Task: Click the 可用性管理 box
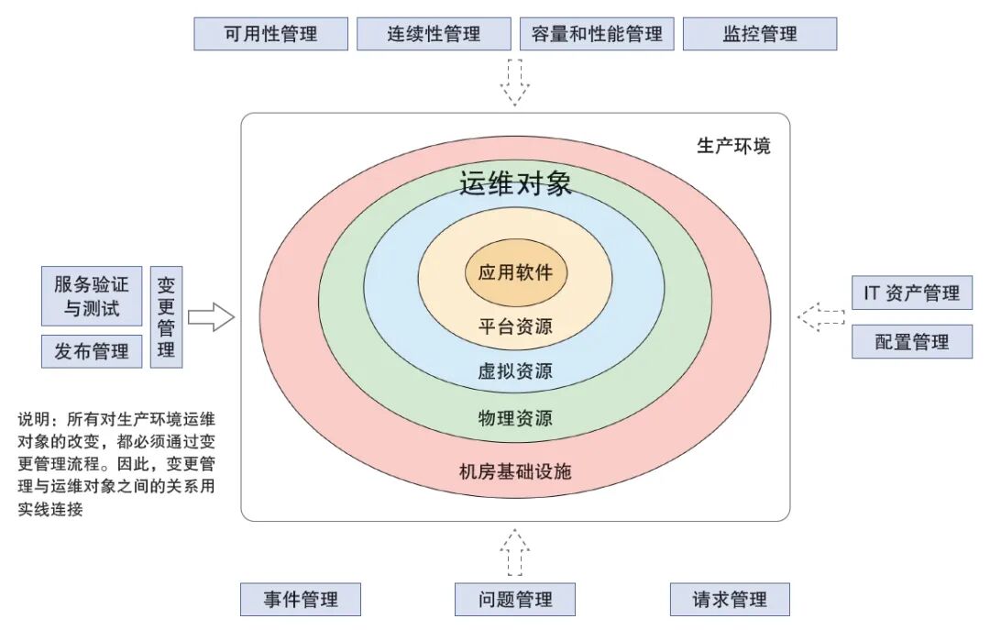tap(270, 34)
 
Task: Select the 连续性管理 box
tap(434, 34)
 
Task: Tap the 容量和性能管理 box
tap(597, 34)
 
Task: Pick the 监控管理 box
tap(760, 34)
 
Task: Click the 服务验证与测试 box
tap(92, 296)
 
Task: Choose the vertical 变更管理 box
tap(166, 317)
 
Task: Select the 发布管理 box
tap(92, 351)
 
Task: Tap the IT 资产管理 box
tap(911, 293)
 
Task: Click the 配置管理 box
tap(911, 342)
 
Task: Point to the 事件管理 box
tap(301, 600)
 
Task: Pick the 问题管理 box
tap(515, 600)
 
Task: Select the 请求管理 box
tap(730, 600)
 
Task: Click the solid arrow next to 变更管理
tap(211, 317)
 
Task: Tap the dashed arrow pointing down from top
tap(515, 82)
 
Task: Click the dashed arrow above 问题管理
tap(515, 552)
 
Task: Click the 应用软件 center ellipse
tap(515, 272)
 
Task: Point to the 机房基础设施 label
tap(515, 472)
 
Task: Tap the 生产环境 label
tap(733, 145)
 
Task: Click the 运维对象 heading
tap(515, 183)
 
